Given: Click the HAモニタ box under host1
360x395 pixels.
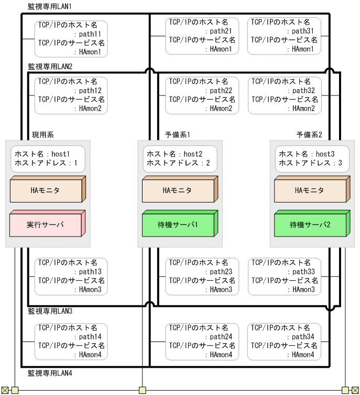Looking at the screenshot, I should [47, 190].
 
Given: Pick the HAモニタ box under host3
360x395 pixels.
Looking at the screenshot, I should [311, 190].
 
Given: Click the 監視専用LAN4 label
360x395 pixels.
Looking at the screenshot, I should [50, 373].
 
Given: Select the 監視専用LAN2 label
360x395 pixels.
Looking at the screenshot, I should [50, 67].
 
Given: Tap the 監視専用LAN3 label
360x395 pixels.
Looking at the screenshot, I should [50, 311].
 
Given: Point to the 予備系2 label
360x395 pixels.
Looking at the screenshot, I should [309, 135].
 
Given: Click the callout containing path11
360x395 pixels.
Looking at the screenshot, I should [71, 38].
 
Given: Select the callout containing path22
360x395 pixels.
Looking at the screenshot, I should [202, 95].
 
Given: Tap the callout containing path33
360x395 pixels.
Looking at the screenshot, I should [284, 276].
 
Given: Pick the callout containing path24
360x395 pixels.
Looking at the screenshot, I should [202, 341].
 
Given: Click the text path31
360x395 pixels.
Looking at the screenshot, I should [303, 31].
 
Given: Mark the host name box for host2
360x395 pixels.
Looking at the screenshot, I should [179, 158].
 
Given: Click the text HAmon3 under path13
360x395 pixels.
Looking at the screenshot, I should [94, 290].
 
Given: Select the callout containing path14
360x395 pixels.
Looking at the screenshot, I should [71, 341].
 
